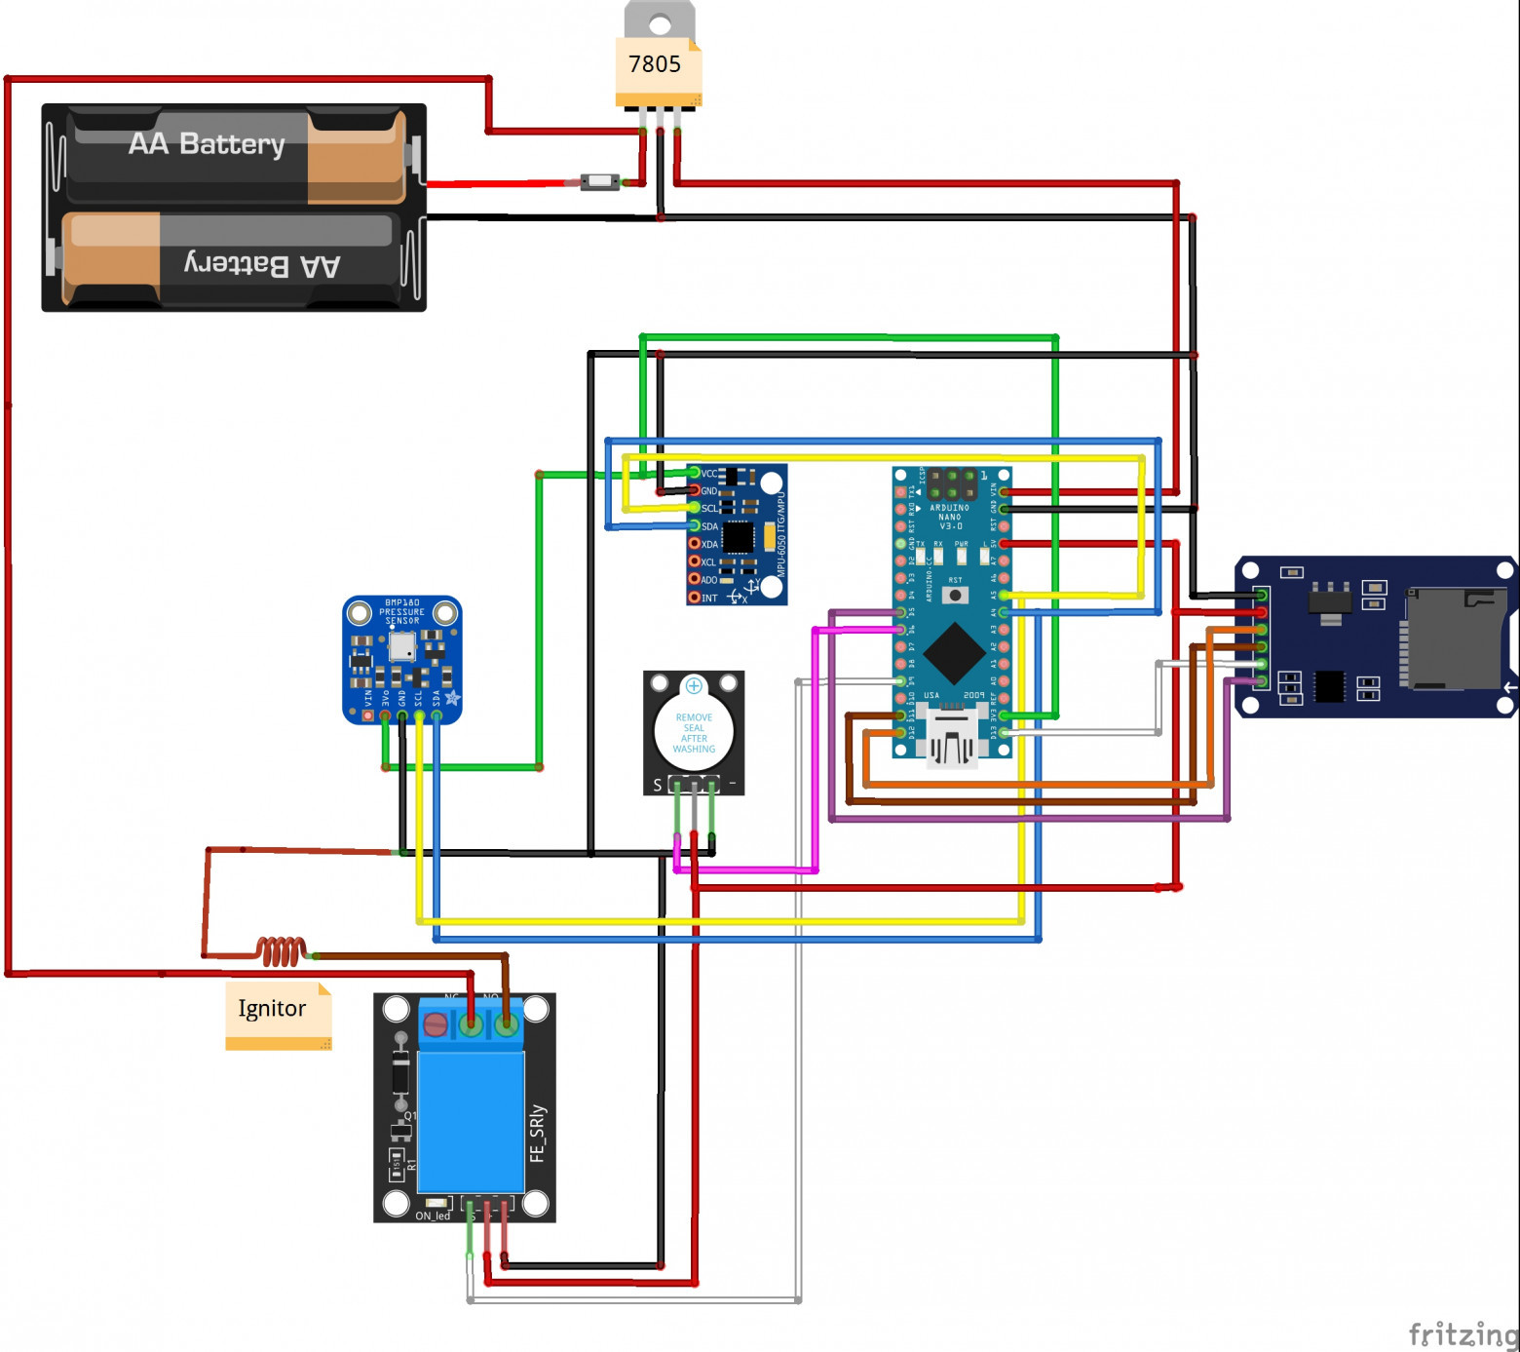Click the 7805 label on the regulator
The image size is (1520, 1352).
tap(655, 64)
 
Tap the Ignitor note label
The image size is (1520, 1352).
tap(272, 1009)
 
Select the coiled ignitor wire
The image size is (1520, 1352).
tap(282, 950)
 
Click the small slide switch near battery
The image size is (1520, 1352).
tap(599, 181)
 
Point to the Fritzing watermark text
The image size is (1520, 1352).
tap(1463, 1333)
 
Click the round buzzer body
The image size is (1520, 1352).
tap(694, 730)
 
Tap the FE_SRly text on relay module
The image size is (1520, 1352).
tap(537, 1133)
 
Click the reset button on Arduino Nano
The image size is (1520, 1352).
tap(955, 595)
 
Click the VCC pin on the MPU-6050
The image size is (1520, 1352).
tap(695, 473)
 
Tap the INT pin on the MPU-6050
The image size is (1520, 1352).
tap(695, 598)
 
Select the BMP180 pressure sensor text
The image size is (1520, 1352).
tap(402, 611)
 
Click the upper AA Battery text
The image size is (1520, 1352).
tap(207, 144)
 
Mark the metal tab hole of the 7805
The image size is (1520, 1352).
tap(660, 23)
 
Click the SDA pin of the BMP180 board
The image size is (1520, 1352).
tap(437, 716)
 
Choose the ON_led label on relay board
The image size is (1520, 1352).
tap(433, 1216)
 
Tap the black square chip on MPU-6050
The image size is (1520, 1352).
tap(738, 537)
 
